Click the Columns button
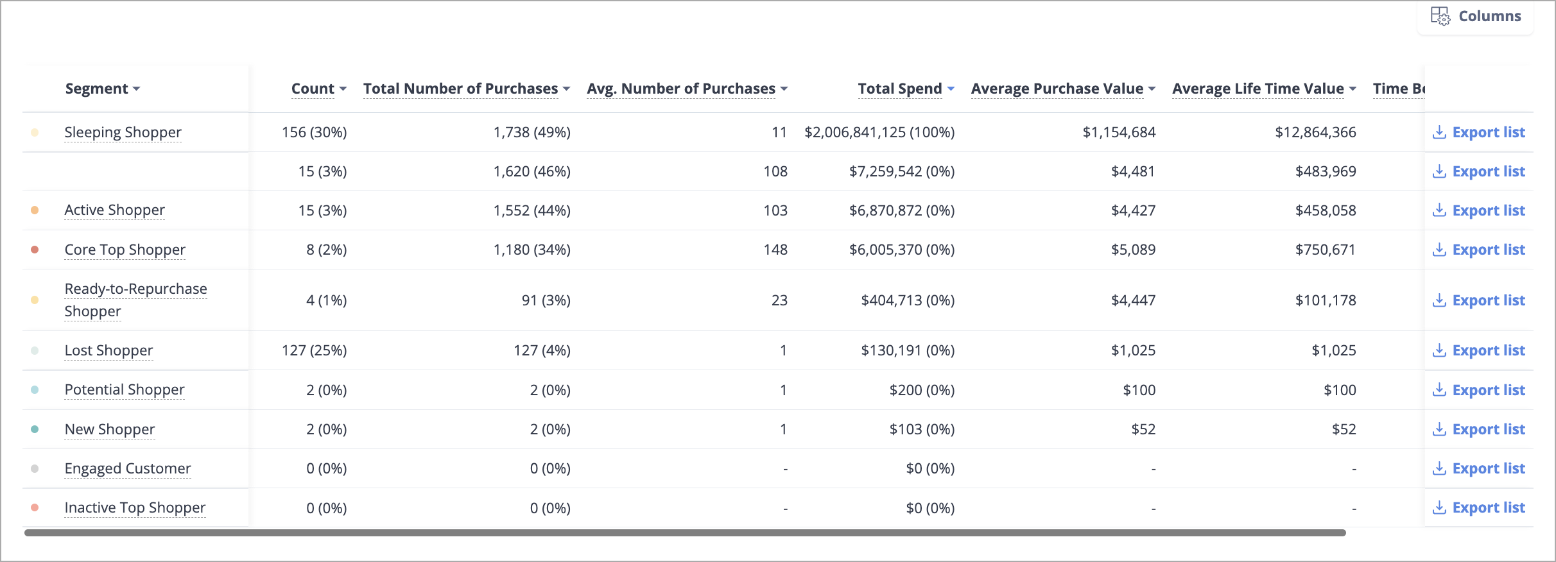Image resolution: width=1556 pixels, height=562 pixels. [1475, 16]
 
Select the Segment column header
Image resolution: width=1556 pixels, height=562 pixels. [103, 89]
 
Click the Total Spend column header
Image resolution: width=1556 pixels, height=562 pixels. [906, 89]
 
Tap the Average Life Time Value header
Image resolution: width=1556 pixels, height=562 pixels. [1264, 89]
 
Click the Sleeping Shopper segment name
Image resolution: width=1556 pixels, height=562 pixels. [123, 132]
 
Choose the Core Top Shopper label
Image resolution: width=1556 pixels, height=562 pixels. [125, 250]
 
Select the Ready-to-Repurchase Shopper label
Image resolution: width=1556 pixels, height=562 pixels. [135, 300]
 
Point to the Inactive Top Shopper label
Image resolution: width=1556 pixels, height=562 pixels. [135, 507]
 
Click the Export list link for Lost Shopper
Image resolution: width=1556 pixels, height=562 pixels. [1478, 350]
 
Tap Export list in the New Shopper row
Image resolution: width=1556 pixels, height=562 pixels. [1478, 429]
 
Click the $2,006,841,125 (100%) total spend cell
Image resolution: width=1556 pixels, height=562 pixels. [879, 132]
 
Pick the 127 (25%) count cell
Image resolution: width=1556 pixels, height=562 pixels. [314, 350]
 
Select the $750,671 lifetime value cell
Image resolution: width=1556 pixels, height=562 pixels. [1325, 250]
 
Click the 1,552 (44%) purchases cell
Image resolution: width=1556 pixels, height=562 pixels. [532, 210]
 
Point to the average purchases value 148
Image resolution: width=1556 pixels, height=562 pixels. [775, 250]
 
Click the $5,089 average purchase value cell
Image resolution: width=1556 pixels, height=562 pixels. [1133, 250]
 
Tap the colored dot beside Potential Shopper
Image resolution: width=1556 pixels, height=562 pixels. [35, 389]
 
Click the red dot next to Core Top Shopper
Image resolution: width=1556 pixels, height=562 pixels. [35, 250]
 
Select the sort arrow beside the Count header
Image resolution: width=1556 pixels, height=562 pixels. [343, 89]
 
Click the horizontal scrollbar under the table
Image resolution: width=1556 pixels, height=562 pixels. [685, 532]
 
